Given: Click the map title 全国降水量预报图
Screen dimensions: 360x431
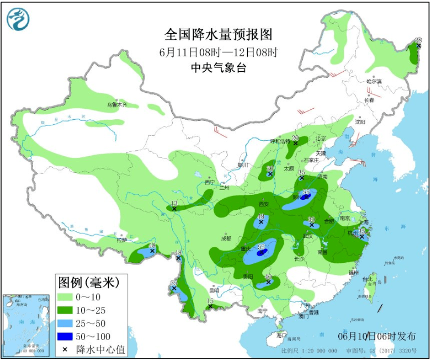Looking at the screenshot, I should pos(219,34).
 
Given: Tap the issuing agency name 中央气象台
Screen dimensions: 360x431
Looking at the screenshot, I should pos(218,68).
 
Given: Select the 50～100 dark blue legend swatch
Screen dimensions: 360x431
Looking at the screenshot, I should pos(68,336).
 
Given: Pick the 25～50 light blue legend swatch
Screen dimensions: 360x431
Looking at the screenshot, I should pos(68,323).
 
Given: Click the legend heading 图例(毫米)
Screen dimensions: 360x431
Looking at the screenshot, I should pos(88,283).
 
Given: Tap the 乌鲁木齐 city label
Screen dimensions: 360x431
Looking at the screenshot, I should pos(116,104).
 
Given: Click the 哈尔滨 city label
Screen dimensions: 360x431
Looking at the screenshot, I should pos(374,81).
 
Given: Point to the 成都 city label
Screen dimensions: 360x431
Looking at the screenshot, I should pos(226,239).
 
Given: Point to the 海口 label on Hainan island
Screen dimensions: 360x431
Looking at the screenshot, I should pos(281,335).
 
